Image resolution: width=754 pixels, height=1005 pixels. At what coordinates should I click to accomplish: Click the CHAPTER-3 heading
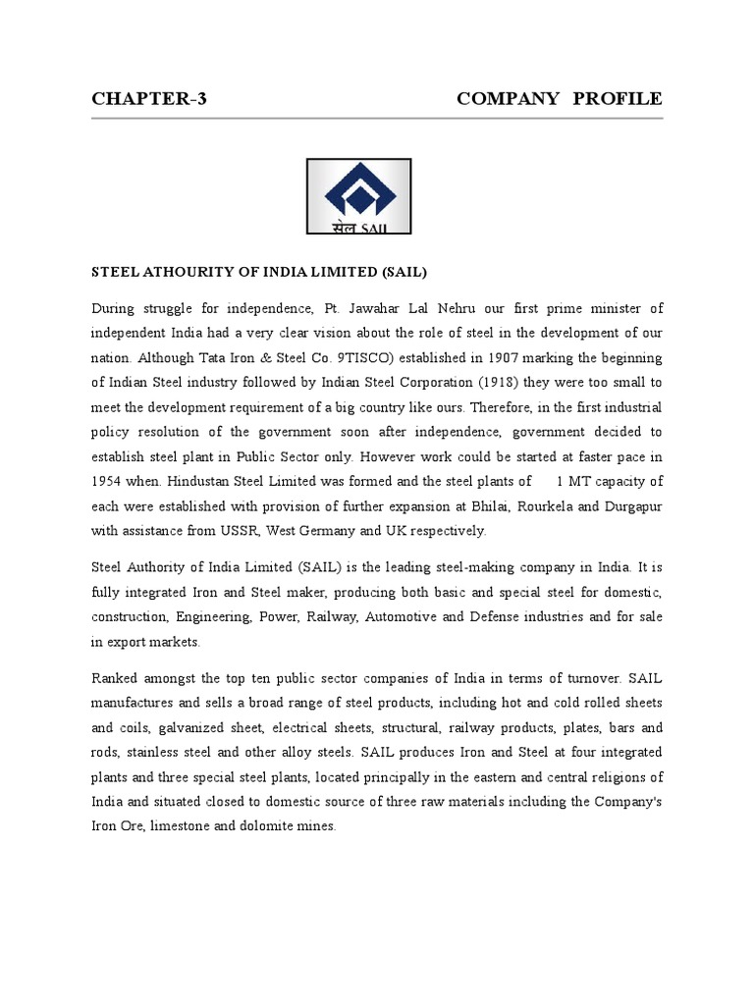pos(149,99)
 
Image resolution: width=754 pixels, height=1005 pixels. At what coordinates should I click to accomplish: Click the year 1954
pos(108,482)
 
